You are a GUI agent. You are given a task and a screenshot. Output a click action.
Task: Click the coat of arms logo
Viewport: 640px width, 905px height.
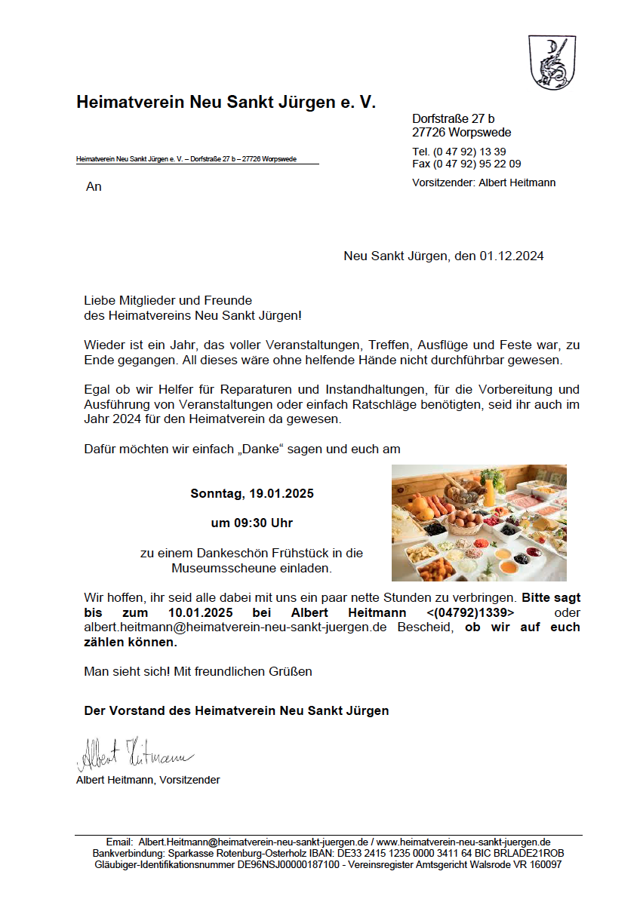coord(552,63)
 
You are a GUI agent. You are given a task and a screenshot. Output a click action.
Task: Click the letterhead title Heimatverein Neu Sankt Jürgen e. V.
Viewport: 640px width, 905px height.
coord(226,103)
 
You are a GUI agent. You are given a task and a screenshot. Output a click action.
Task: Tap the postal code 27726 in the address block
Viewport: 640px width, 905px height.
coord(429,133)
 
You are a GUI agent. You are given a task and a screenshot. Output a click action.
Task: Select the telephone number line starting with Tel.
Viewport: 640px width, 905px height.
coord(459,152)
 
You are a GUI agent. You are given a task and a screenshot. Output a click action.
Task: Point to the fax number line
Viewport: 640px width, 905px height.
coord(466,164)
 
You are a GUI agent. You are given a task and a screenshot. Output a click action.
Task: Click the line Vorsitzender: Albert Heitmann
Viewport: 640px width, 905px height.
coord(484,183)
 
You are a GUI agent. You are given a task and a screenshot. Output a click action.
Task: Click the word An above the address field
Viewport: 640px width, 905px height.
coord(94,186)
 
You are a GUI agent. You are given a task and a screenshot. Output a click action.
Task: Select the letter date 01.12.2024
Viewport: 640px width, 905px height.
coord(511,256)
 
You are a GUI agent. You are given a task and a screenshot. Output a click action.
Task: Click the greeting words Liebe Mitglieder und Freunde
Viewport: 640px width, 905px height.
coord(168,300)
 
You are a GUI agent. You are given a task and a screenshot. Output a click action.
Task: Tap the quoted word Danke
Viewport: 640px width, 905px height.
coord(263,449)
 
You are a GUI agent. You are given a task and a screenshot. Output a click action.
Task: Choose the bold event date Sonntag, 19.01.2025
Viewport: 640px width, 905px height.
coord(252,494)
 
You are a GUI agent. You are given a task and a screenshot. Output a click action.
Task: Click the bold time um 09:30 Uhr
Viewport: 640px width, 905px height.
coord(252,523)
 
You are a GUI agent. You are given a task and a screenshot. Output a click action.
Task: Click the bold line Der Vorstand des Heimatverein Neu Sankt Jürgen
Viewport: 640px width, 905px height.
coord(236,710)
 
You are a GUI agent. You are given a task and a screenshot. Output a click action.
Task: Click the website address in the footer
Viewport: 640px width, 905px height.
coord(463,842)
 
